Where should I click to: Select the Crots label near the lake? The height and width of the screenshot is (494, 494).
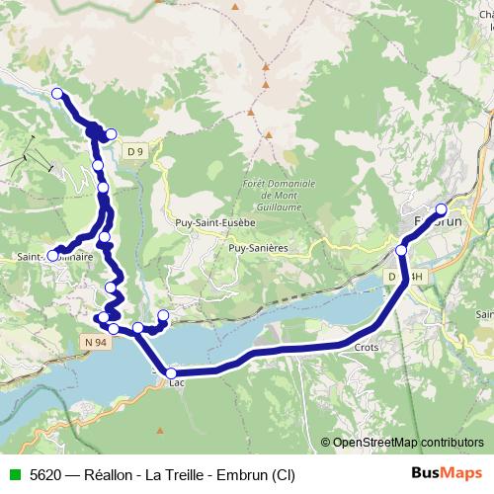point(366,348)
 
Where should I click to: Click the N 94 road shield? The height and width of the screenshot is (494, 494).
point(93,339)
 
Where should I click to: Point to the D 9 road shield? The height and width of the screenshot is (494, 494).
point(136,150)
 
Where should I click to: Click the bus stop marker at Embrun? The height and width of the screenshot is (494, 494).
point(441,209)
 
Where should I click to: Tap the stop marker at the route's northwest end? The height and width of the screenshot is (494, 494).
point(57,94)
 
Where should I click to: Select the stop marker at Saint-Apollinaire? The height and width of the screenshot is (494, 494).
point(53,255)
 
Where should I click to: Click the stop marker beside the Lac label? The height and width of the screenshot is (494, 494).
point(171,373)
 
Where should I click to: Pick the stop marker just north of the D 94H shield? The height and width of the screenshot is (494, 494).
point(402,250)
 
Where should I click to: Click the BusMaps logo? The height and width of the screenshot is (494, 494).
point(447,473)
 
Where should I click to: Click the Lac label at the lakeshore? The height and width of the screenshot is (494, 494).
point(178,383)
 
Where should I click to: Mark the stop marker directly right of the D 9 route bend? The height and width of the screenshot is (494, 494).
point(111,134)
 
